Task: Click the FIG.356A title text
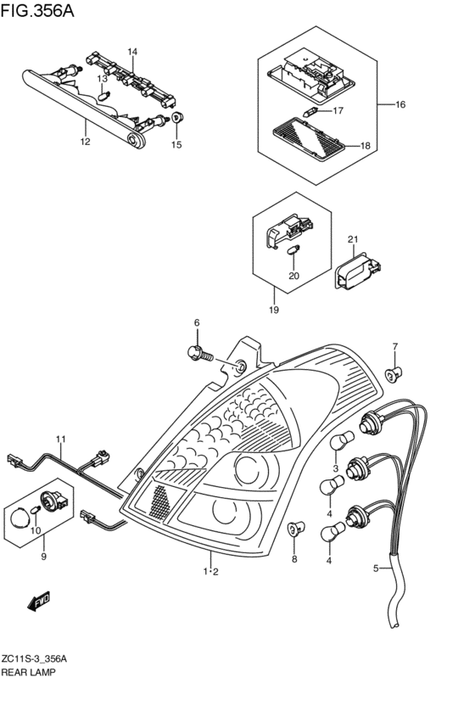37,10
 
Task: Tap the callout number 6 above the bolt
197,322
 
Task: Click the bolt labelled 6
201,354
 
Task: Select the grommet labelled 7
394,373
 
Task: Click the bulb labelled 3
342,439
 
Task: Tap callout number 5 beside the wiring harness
376,568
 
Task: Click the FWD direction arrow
39,602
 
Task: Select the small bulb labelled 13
105,96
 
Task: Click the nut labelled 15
177,117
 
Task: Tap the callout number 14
132,52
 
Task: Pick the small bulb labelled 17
310,111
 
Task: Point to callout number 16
400,104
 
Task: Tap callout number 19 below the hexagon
274,310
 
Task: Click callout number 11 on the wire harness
61,439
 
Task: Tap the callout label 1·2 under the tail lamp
211,572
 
